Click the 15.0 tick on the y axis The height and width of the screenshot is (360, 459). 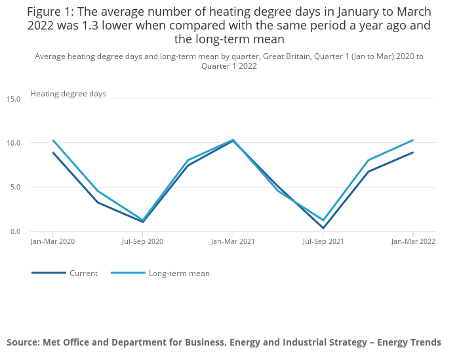tap(14, 98)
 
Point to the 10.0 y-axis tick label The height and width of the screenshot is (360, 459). tap(14, 143)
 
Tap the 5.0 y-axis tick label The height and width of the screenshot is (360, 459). tap(15, 187)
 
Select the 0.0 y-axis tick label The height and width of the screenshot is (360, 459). tap(15, 231)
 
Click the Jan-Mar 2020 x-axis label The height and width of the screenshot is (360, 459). tap(52, 241)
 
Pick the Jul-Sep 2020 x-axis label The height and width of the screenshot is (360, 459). tap(142, 241)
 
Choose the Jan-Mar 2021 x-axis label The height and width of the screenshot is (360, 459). tap(233, 241)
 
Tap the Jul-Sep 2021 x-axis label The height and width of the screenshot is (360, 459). tap(323, 241)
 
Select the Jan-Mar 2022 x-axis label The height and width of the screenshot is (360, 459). tap(413, 241)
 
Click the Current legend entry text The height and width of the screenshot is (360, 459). tap(83, 273)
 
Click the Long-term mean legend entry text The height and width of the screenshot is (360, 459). tap(179, 273)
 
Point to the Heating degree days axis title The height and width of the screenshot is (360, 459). tap(68, 94)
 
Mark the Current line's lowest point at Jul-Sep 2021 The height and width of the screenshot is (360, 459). tap(323, 228)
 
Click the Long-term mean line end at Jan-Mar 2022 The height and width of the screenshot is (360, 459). tap(413, 140)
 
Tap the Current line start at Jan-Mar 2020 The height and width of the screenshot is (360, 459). tap(52, 153)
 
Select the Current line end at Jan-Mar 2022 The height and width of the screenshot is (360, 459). tap(413, 153)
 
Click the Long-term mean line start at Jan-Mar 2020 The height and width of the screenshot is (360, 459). tap(52, 140)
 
